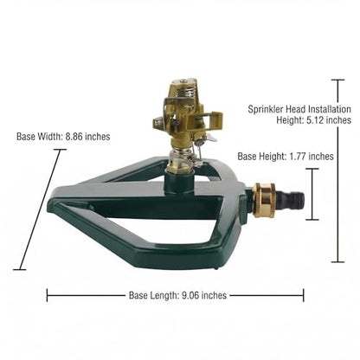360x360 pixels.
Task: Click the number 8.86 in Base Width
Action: click(74, 137)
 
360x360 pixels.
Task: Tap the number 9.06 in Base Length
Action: click(190, 295)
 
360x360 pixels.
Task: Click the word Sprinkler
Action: click(266, 109)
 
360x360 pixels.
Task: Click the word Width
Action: click(52, 137)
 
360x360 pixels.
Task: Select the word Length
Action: click(164, 295)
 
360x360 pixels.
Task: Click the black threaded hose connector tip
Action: click(293, 198)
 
